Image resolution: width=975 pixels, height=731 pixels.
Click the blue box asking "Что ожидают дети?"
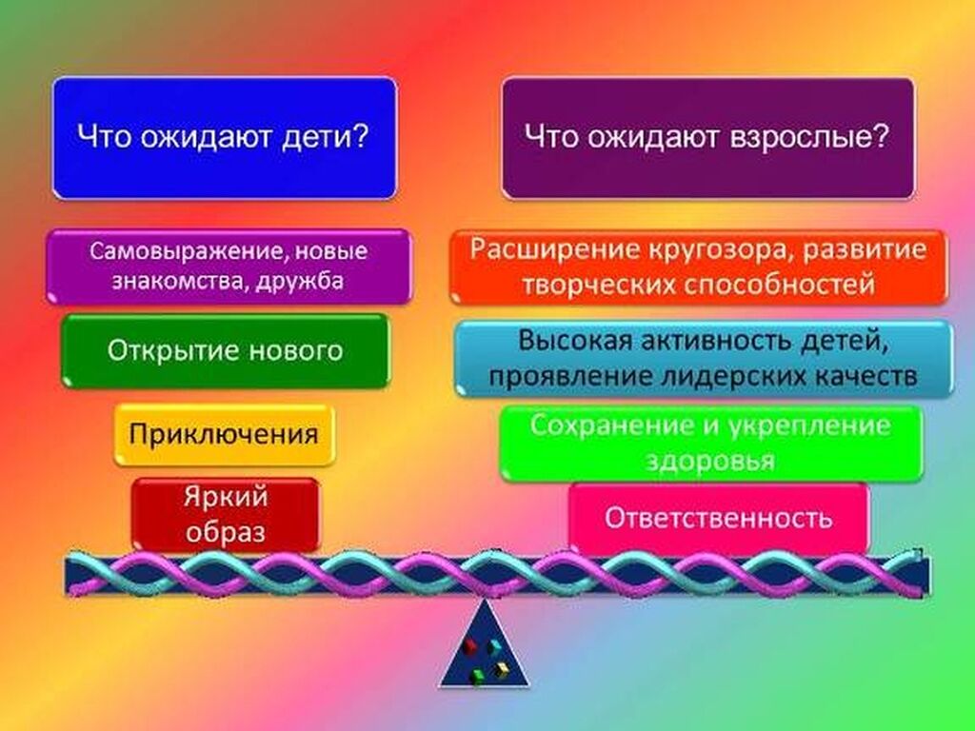pyautogui.click(x=225, y=138)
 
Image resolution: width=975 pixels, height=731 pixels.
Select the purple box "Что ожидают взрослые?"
pyautogui.click(x=708, y=138)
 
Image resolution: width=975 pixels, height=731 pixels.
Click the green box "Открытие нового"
pyautogui.click(x=225, y=350)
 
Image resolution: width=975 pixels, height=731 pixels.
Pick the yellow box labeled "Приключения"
pyautogui.click(x=225, y=434)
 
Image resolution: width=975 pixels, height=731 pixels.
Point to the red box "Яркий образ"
pyautogui.click(x=225, y=515)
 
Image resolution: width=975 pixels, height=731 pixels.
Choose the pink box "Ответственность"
pyautogui.click(x=719, y=518)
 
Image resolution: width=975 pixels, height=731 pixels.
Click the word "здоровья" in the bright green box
pyautogui.click(x=710, y=462)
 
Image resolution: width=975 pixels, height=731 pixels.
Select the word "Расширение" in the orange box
pyautogui.click(x=555, y=249)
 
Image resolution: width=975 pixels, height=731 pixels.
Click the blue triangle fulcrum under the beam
pyautogui.click(x=485, y=643)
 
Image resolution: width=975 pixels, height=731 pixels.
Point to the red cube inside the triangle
pyautogui.click(x=469, y=647)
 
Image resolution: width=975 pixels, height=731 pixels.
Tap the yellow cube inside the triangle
pyautogui.click(x=501, y=669)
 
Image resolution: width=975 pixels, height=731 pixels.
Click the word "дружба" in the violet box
pyautogui.click(x=300, y=281)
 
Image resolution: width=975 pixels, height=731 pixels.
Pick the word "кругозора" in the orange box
pyautogui.click(x=720, y=250)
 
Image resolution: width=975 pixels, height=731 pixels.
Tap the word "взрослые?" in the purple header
pyautogui.click(x=810, y=137)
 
